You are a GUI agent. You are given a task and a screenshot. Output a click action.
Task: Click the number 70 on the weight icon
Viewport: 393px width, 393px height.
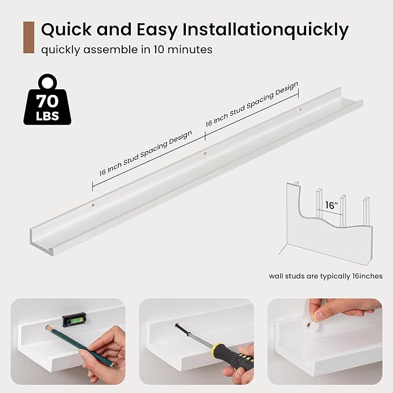47,101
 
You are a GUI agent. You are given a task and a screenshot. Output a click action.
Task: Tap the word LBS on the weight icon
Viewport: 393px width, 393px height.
47,116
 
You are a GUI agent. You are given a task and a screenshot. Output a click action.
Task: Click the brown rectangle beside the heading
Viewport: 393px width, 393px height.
28,38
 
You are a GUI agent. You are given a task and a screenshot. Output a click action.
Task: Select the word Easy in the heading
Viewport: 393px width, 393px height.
157,30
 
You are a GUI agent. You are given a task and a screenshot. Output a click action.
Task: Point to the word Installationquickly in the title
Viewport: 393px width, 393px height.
266,30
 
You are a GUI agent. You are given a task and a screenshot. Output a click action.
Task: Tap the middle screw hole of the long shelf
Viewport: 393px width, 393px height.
205,153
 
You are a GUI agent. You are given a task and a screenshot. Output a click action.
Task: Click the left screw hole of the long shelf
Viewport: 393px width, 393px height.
93,205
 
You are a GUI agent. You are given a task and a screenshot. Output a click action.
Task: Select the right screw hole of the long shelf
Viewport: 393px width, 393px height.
300,109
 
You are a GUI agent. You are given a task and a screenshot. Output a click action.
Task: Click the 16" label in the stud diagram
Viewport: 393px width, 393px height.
331,205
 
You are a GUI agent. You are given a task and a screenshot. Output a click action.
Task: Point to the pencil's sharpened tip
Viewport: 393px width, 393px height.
47,327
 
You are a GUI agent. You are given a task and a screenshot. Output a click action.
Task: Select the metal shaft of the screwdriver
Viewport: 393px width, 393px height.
193,335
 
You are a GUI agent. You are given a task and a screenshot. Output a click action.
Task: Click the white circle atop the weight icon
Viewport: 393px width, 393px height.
47,82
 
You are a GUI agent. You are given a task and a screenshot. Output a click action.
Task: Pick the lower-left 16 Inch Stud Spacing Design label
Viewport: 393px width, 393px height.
146,153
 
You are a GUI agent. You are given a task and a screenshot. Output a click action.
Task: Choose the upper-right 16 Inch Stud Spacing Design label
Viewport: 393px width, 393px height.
252,104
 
